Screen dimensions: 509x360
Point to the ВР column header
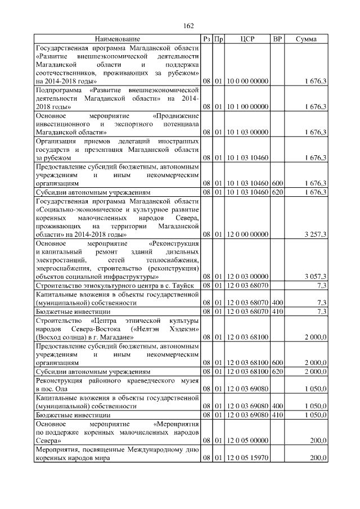277,39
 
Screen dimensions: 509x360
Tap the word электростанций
61,260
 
